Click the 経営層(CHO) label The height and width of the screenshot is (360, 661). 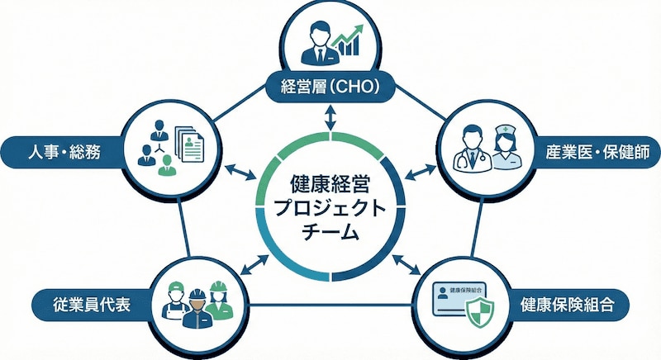330,86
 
